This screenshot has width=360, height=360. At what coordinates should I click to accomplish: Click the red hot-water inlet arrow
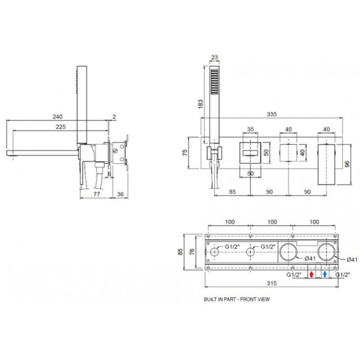(x=311, y=274)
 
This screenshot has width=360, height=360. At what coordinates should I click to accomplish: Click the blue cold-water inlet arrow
(x=324, y=274)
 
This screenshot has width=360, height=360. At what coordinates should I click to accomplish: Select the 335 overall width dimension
(x=272, y=114)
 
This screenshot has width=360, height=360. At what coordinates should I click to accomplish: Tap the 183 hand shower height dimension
(x=201, y=104)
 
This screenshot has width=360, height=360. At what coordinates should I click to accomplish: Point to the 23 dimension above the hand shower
(x=215, y=57)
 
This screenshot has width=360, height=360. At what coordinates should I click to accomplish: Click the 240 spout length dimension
(x=58, y=117)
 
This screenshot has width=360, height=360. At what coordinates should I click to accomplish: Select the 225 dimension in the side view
(x=61, y=127)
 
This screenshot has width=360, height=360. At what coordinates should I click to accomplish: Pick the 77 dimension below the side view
(x=97, y=194)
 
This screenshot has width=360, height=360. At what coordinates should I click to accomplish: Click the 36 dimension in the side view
(x=120, y=194)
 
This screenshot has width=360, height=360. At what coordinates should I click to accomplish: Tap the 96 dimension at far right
(x=347, y=164)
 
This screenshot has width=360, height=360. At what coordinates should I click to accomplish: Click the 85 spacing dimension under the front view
(x=232, y=192)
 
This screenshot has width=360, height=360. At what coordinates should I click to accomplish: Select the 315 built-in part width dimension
(x=272, y=283)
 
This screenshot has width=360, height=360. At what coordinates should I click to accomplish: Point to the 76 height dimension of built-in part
(x=193, y=252)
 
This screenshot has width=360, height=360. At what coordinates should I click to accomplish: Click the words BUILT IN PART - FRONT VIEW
(x=237, y=299)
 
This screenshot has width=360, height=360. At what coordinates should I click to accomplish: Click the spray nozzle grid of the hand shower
(x=215, y=81)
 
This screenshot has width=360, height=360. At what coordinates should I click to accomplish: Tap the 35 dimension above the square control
(x=251, y=129)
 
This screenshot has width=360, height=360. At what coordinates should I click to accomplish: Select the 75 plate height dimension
(x=185, y=153)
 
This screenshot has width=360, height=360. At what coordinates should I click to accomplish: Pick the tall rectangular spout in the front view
(x=326, y=164)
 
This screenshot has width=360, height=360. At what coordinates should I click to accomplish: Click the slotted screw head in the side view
(x=116, y=151)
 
